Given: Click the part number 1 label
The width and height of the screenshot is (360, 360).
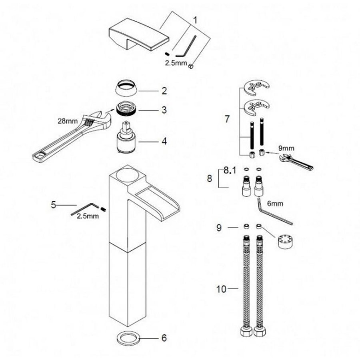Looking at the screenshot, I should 195,19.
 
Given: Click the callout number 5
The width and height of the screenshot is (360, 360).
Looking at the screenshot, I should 53,205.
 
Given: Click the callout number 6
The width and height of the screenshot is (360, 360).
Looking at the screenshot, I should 163,338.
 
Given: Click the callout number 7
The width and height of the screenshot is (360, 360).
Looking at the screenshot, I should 228,119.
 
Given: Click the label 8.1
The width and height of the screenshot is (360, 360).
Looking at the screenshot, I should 230,170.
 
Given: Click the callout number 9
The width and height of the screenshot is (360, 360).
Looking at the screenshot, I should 219,227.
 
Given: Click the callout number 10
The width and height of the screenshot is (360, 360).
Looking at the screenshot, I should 221,288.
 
